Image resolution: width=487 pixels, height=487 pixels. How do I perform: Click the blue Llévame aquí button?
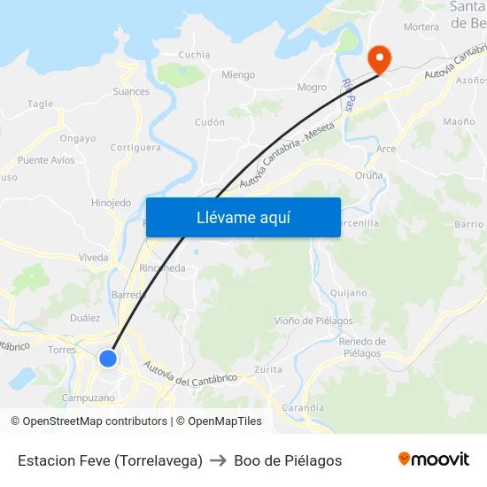(x=243, y=217)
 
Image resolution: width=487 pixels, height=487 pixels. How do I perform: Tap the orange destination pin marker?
(x=379, y=59)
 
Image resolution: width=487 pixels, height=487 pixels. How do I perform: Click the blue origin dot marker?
(x=108, y=358)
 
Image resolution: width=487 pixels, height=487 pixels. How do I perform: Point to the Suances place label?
(x=131, y=91)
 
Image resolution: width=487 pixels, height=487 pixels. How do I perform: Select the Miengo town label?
(x=238, y=75)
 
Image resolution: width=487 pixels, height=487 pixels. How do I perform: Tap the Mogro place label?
(x=312, y=88)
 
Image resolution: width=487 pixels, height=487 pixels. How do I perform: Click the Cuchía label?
(x=195, y=55)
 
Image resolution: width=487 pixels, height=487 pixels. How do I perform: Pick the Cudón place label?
(x=210, y=122)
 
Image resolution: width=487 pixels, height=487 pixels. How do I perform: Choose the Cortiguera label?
(x=136, y=148)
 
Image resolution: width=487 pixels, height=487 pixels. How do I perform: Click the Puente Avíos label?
(x=46, y=160)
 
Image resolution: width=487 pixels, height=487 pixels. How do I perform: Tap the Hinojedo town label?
(x=111, y=203)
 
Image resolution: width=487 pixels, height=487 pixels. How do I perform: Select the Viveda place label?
(x=93, y=258)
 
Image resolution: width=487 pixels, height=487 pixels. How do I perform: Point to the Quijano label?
(x=347, y=292)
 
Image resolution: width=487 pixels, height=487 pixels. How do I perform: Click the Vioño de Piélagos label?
(x=313, y=321)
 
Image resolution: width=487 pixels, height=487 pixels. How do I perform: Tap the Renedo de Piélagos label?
(x=362, y=347)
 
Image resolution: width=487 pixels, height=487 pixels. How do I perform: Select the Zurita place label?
(x=268, y=369)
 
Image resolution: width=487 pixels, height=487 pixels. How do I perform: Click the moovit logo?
(x=433, y=460)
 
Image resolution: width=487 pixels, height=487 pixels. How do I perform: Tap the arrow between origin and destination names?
(x=218, y=460)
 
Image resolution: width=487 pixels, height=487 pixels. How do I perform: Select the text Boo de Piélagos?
(x=288, y=460)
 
